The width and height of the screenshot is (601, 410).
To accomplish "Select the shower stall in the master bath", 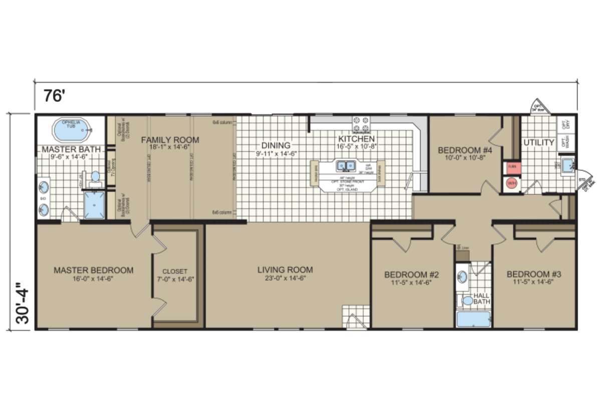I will coord(94,206).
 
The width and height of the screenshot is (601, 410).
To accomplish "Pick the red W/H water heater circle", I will coord(511,183).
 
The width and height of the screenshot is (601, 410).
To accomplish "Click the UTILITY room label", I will coord(539,142).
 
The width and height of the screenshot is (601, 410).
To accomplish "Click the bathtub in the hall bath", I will coord(473,319).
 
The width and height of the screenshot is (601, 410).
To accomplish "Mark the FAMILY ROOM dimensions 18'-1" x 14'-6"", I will coord(170,149).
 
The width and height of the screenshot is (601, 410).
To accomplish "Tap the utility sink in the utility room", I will coord(567,164).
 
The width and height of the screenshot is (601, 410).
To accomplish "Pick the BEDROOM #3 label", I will coord(533,274).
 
